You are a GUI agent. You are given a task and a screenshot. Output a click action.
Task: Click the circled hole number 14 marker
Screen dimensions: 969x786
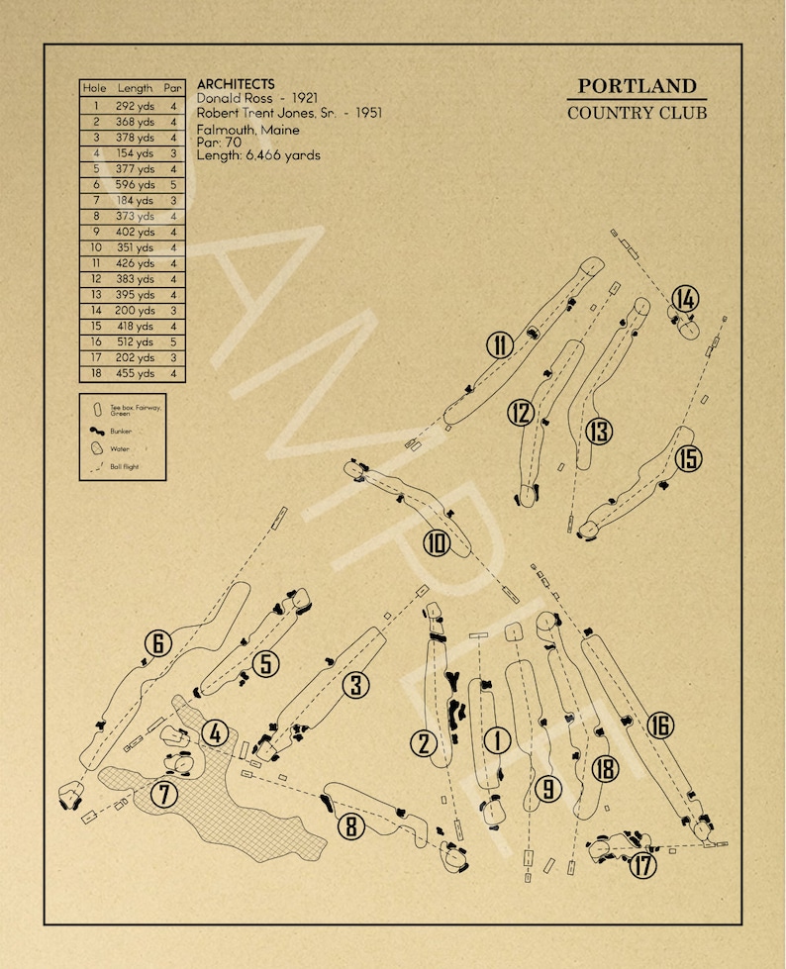click(x=685, y=299)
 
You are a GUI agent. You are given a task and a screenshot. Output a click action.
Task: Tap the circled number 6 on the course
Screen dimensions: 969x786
click(x=157, y=643)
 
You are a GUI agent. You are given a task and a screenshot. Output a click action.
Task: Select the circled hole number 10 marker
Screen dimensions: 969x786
click(x=437, y=543)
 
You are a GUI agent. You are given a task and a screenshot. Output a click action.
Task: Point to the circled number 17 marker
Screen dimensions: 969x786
click(x=643, y=865)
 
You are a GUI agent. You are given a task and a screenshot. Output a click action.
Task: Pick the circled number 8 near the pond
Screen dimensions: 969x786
click(x=350, y=824)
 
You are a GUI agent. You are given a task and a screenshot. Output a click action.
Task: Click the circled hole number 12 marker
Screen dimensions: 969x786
click(x=522, y=413)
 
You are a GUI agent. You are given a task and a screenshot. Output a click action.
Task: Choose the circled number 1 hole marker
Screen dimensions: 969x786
click(x=497, y=739)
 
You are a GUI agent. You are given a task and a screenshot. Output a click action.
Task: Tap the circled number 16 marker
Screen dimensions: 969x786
click(x=660, y=725)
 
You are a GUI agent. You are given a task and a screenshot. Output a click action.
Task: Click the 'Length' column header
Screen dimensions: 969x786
click(x=136, y=89)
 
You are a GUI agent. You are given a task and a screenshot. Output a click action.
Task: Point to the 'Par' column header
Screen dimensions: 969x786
click(x=173, y=89)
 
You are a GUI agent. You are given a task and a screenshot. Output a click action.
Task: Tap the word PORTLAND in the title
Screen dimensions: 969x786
click(x=637, y=86)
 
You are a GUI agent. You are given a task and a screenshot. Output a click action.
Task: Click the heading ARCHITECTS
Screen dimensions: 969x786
click(x=236, y=85)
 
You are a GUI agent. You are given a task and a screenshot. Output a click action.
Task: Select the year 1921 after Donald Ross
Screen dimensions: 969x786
click(x=305, y=99)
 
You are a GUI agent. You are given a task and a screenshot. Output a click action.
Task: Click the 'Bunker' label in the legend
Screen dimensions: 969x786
click(x=121, y=432)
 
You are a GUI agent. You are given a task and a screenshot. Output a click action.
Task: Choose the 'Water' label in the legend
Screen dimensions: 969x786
click(x=119, y=448)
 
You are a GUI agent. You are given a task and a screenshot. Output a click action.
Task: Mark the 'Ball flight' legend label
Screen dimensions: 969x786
click(x=124, y=465)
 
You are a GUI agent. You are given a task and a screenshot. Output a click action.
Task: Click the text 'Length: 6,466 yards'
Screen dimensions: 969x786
click(x=258, y=155)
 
